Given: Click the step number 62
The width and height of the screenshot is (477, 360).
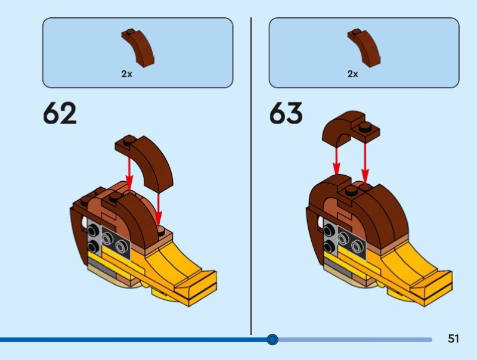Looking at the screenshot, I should (60, 113).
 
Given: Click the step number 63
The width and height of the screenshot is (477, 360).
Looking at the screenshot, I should (286, 113).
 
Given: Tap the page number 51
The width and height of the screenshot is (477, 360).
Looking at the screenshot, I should (453, 339).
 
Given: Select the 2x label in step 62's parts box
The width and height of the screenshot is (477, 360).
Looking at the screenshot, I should (126, 75).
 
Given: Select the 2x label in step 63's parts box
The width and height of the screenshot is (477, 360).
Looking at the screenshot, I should (353, 75).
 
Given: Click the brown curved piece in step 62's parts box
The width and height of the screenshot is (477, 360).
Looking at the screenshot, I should (139, 47).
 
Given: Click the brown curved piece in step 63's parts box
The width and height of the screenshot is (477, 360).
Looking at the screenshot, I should (364, 47).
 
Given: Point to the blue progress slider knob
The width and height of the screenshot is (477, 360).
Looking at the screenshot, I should (272, 340).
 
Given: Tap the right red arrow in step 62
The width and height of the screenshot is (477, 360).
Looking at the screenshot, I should (159, 209).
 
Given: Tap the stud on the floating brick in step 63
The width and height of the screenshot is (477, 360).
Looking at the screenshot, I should (366, 126).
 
